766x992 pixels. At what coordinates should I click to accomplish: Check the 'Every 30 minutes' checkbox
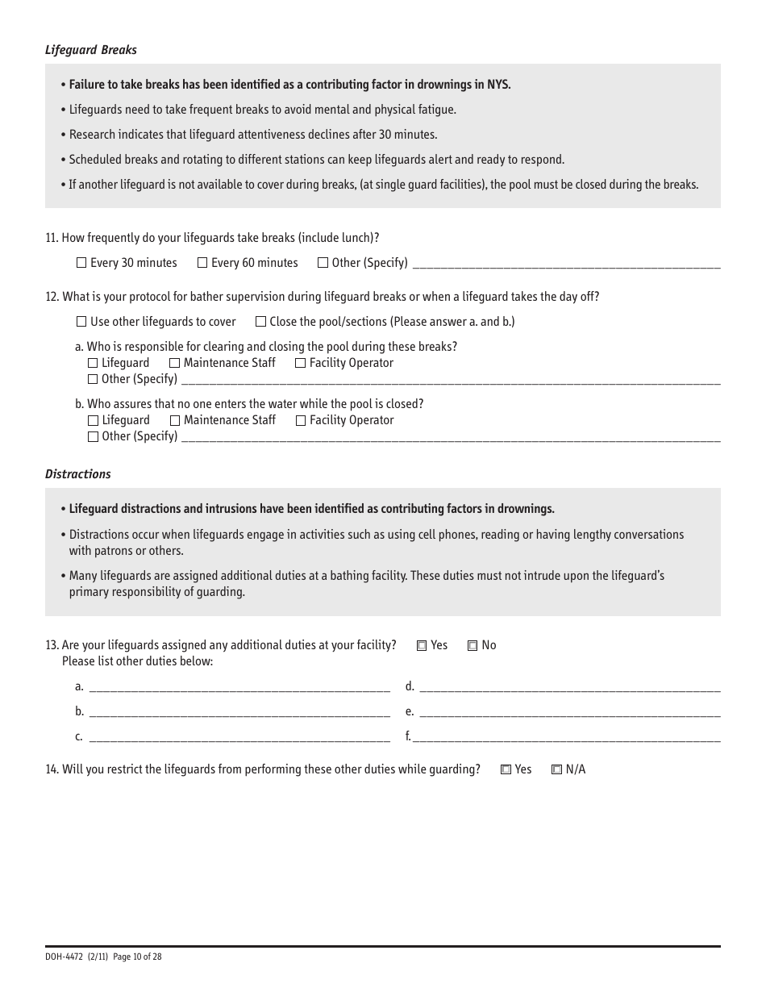click(x=81, y=263)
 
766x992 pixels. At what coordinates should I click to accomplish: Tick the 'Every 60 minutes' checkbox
click(x=202, y=263)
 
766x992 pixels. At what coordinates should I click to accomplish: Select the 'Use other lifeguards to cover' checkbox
click(x=81, y=322)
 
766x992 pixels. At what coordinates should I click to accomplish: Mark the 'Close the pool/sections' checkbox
click(x=260, y=322)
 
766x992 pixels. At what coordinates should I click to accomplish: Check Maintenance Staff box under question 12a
click(x=175, y=364)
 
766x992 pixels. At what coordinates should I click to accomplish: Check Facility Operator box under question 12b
click(x=301, y=421)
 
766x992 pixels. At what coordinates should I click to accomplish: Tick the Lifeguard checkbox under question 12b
click(x=93, y=421)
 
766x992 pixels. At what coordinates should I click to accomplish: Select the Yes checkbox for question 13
click(x=422, y=646)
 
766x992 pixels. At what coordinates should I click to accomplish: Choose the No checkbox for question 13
click(x=473, y=646)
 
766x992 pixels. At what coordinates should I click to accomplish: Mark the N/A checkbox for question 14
click(x=556, y=770)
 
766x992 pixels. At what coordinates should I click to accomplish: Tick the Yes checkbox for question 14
click(x=506, y=770)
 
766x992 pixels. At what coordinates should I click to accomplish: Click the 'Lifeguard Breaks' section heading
click(x=91, y=50)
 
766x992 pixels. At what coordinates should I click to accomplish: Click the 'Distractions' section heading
click(x=78, y=474)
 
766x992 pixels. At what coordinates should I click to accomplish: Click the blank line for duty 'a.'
click(x=239, y=688)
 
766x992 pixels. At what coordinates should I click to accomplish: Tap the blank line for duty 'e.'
click(x=570, y=713)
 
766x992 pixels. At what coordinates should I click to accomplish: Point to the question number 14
click(x=52, y=769)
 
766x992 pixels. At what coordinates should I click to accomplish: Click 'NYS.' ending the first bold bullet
click(x=498, y=85)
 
